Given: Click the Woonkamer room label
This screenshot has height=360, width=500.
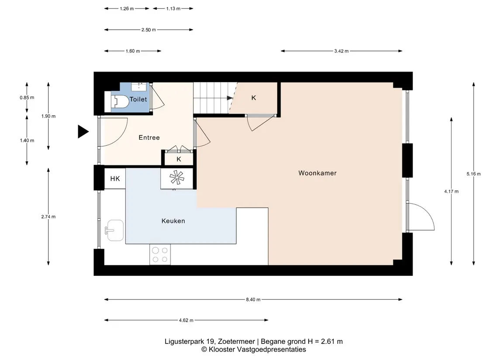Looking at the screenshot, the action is pos(317,173).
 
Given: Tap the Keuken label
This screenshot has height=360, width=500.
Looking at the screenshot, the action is pos(173,221).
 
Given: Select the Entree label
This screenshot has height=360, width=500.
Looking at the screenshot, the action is pos(149,137).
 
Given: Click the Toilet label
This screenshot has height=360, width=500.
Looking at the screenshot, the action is pos(138,99).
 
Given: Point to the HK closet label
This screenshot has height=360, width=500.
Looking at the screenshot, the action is pos(115,179).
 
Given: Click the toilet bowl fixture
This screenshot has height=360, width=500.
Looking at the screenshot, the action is pos(120,101).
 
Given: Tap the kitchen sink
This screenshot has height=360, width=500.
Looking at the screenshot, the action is pos(115,230).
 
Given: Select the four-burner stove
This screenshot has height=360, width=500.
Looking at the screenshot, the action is pos(160,254).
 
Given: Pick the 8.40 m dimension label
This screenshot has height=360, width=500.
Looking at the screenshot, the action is pos(253,299).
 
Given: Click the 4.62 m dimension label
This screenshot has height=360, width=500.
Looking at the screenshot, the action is pos(186,320).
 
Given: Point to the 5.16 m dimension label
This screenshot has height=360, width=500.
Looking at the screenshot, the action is pos(473,174).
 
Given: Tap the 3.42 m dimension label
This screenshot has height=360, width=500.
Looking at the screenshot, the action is pos(341,51).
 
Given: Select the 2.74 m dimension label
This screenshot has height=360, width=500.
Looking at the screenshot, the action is pos(48,216).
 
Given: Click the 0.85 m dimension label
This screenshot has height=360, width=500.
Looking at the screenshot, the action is pos(27,97).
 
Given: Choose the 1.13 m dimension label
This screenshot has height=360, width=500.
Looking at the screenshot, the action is pos(173,9).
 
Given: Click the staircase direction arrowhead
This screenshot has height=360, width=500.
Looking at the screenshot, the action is pos(230,98).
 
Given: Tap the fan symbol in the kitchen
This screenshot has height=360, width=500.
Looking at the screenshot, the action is pos(177,178).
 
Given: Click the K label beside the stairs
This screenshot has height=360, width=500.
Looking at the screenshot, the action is pos(254,98).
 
